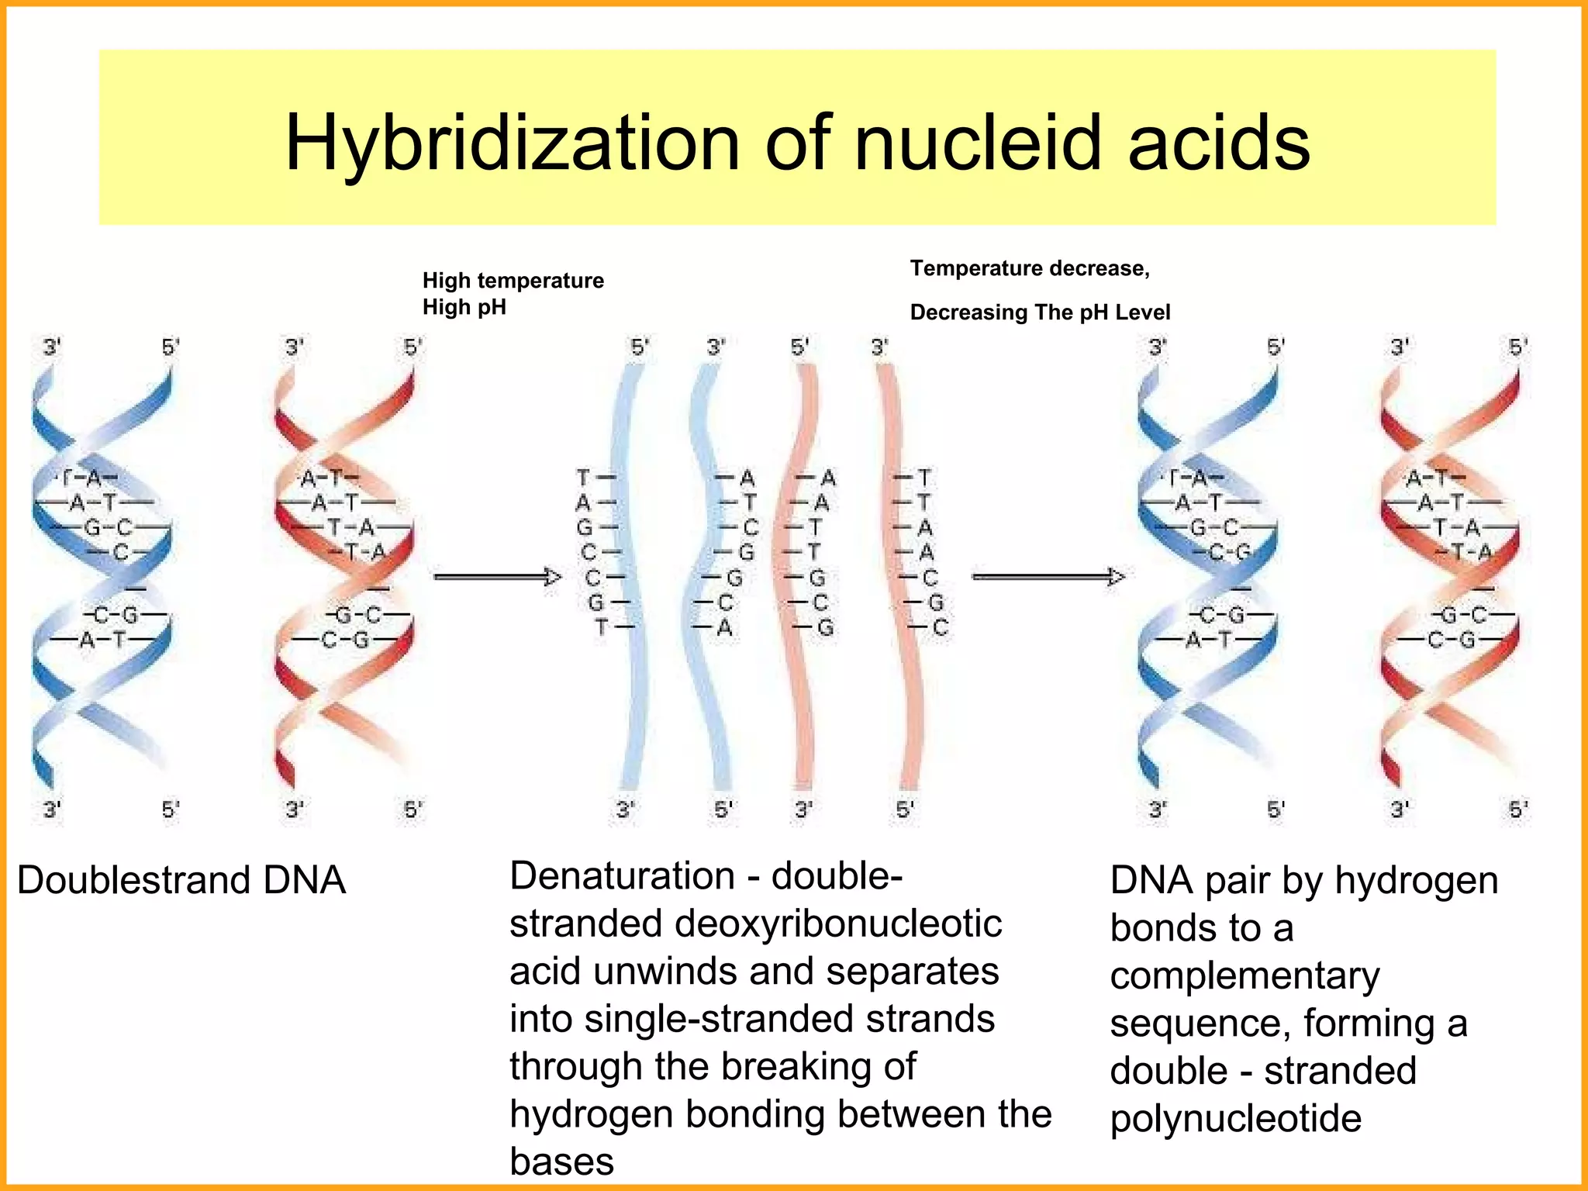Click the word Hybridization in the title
click(x=512, y=143)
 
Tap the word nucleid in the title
click(x=977, y=143)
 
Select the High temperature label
click(x=513, y=280)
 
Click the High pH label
click(x=464, y=307)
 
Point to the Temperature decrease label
click(x=1029, y=268)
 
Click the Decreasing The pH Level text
click(x=1040, y=312)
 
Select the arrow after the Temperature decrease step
click(x=1048, y=577)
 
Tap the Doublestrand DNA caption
click(x=181, y=881)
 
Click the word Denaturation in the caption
click(x=622, y=876)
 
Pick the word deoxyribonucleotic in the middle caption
click(x=838, y=924)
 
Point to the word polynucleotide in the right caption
click(x=1235, y=1119)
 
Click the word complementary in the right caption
click(x=1245, y=976)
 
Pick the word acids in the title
click(x=1219, y=143)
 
